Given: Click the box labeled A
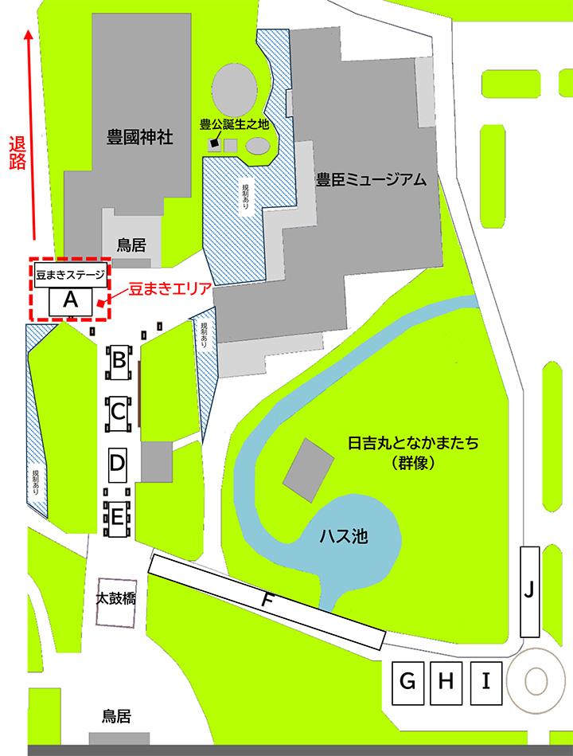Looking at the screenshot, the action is tap(71, 301).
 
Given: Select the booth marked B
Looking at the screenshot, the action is tap(119, 360).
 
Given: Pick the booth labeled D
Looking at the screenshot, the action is tap(118, 463).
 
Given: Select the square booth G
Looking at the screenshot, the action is tap(407, 682).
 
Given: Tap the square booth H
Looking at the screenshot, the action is tap(448, 682).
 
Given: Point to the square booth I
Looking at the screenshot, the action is tap(487, 682).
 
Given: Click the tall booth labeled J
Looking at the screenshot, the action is tap(530, 591).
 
